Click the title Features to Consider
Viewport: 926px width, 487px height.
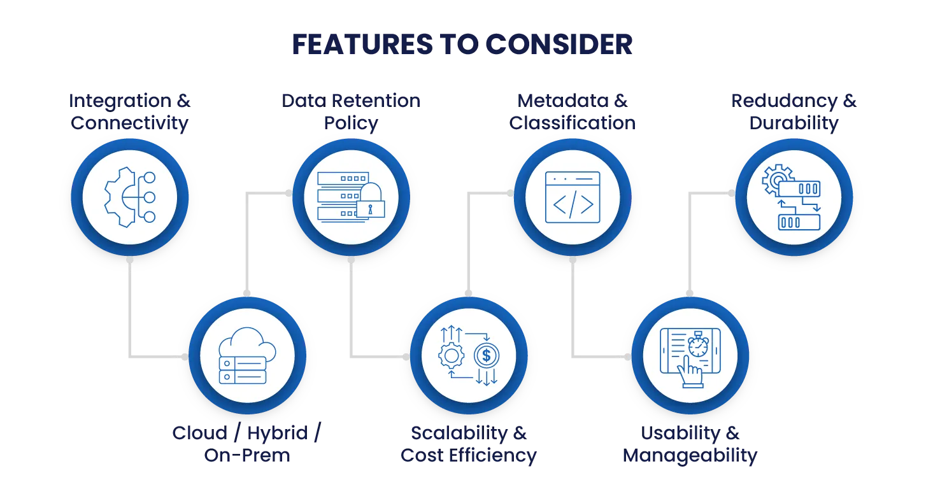(462, 45)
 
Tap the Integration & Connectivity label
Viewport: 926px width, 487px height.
(129, 112)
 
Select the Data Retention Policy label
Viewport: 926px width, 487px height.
(351, 112)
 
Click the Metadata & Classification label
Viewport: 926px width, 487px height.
(573, 112)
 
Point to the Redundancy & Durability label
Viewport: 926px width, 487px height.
(794, 112)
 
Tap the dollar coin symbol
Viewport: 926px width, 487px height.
(487, 355)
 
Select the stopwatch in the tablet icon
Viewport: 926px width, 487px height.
(699, 345)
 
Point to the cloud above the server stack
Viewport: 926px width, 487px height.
(246, 344)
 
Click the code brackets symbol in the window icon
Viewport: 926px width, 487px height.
(573, 204)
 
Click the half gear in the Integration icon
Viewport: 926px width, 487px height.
(118, 197)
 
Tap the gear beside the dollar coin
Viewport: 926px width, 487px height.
(451, 355)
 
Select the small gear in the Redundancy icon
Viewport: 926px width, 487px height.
(776, 179)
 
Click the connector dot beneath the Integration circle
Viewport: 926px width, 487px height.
(129, 260)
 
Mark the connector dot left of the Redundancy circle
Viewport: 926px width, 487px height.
(731, 193)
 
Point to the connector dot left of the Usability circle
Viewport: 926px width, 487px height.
(627, 357)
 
